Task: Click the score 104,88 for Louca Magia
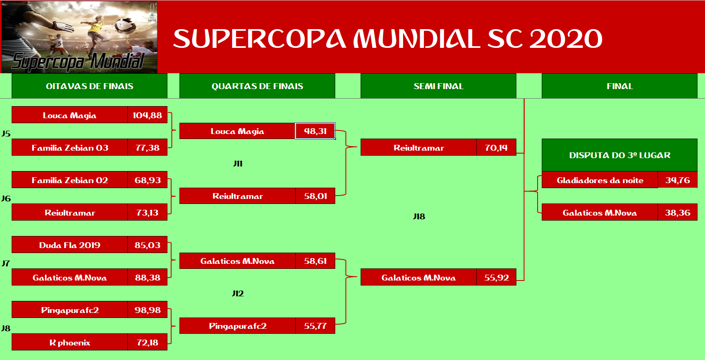tap(147, 115)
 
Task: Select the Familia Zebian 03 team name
tap(70, 148)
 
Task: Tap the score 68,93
tap(147, 180)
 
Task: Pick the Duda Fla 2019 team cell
tap(70, 245)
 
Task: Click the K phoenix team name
tap(70, 343)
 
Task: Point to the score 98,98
tap(147, 310)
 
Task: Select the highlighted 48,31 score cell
tap(315, 131)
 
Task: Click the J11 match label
tap(238, 164)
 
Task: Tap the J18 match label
tap(419, 216)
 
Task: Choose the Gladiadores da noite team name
tap(600, 180)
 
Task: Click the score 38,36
tap(678, 212)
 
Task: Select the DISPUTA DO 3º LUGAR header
tap(620, 155)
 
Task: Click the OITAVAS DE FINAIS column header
tap(90, 86)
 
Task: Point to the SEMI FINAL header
tap(438, 86)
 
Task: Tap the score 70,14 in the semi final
tap(496, 148)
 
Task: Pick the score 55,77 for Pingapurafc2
tap(315, 326)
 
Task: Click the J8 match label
tap(6, 328)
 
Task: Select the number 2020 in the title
tap(566, 39)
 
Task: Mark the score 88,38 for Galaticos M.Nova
tap(147, 278)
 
